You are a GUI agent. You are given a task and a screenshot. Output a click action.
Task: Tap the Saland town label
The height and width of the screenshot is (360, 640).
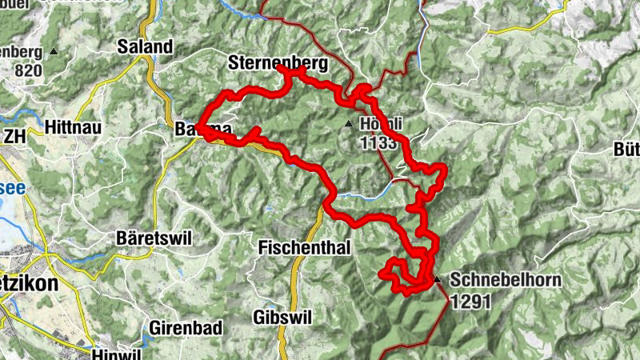point(145,47)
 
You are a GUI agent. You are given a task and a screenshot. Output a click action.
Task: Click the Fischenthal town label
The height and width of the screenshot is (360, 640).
point(305,249)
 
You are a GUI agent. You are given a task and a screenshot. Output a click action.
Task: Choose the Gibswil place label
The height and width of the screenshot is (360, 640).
point(278,316)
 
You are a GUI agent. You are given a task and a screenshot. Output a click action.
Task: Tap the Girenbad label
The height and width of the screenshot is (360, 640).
point(180,328)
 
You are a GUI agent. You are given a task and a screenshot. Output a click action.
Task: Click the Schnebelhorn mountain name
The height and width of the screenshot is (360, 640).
point(505,281)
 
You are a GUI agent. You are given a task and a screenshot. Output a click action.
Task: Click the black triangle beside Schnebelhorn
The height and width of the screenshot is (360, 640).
point(438,279)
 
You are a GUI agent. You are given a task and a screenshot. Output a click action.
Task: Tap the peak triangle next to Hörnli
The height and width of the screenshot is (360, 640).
point(348,123)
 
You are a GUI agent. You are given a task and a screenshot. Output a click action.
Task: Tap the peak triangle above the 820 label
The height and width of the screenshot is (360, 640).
point(54,51)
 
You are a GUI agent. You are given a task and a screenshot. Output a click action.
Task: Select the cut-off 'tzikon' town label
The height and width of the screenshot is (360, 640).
point(24,285)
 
